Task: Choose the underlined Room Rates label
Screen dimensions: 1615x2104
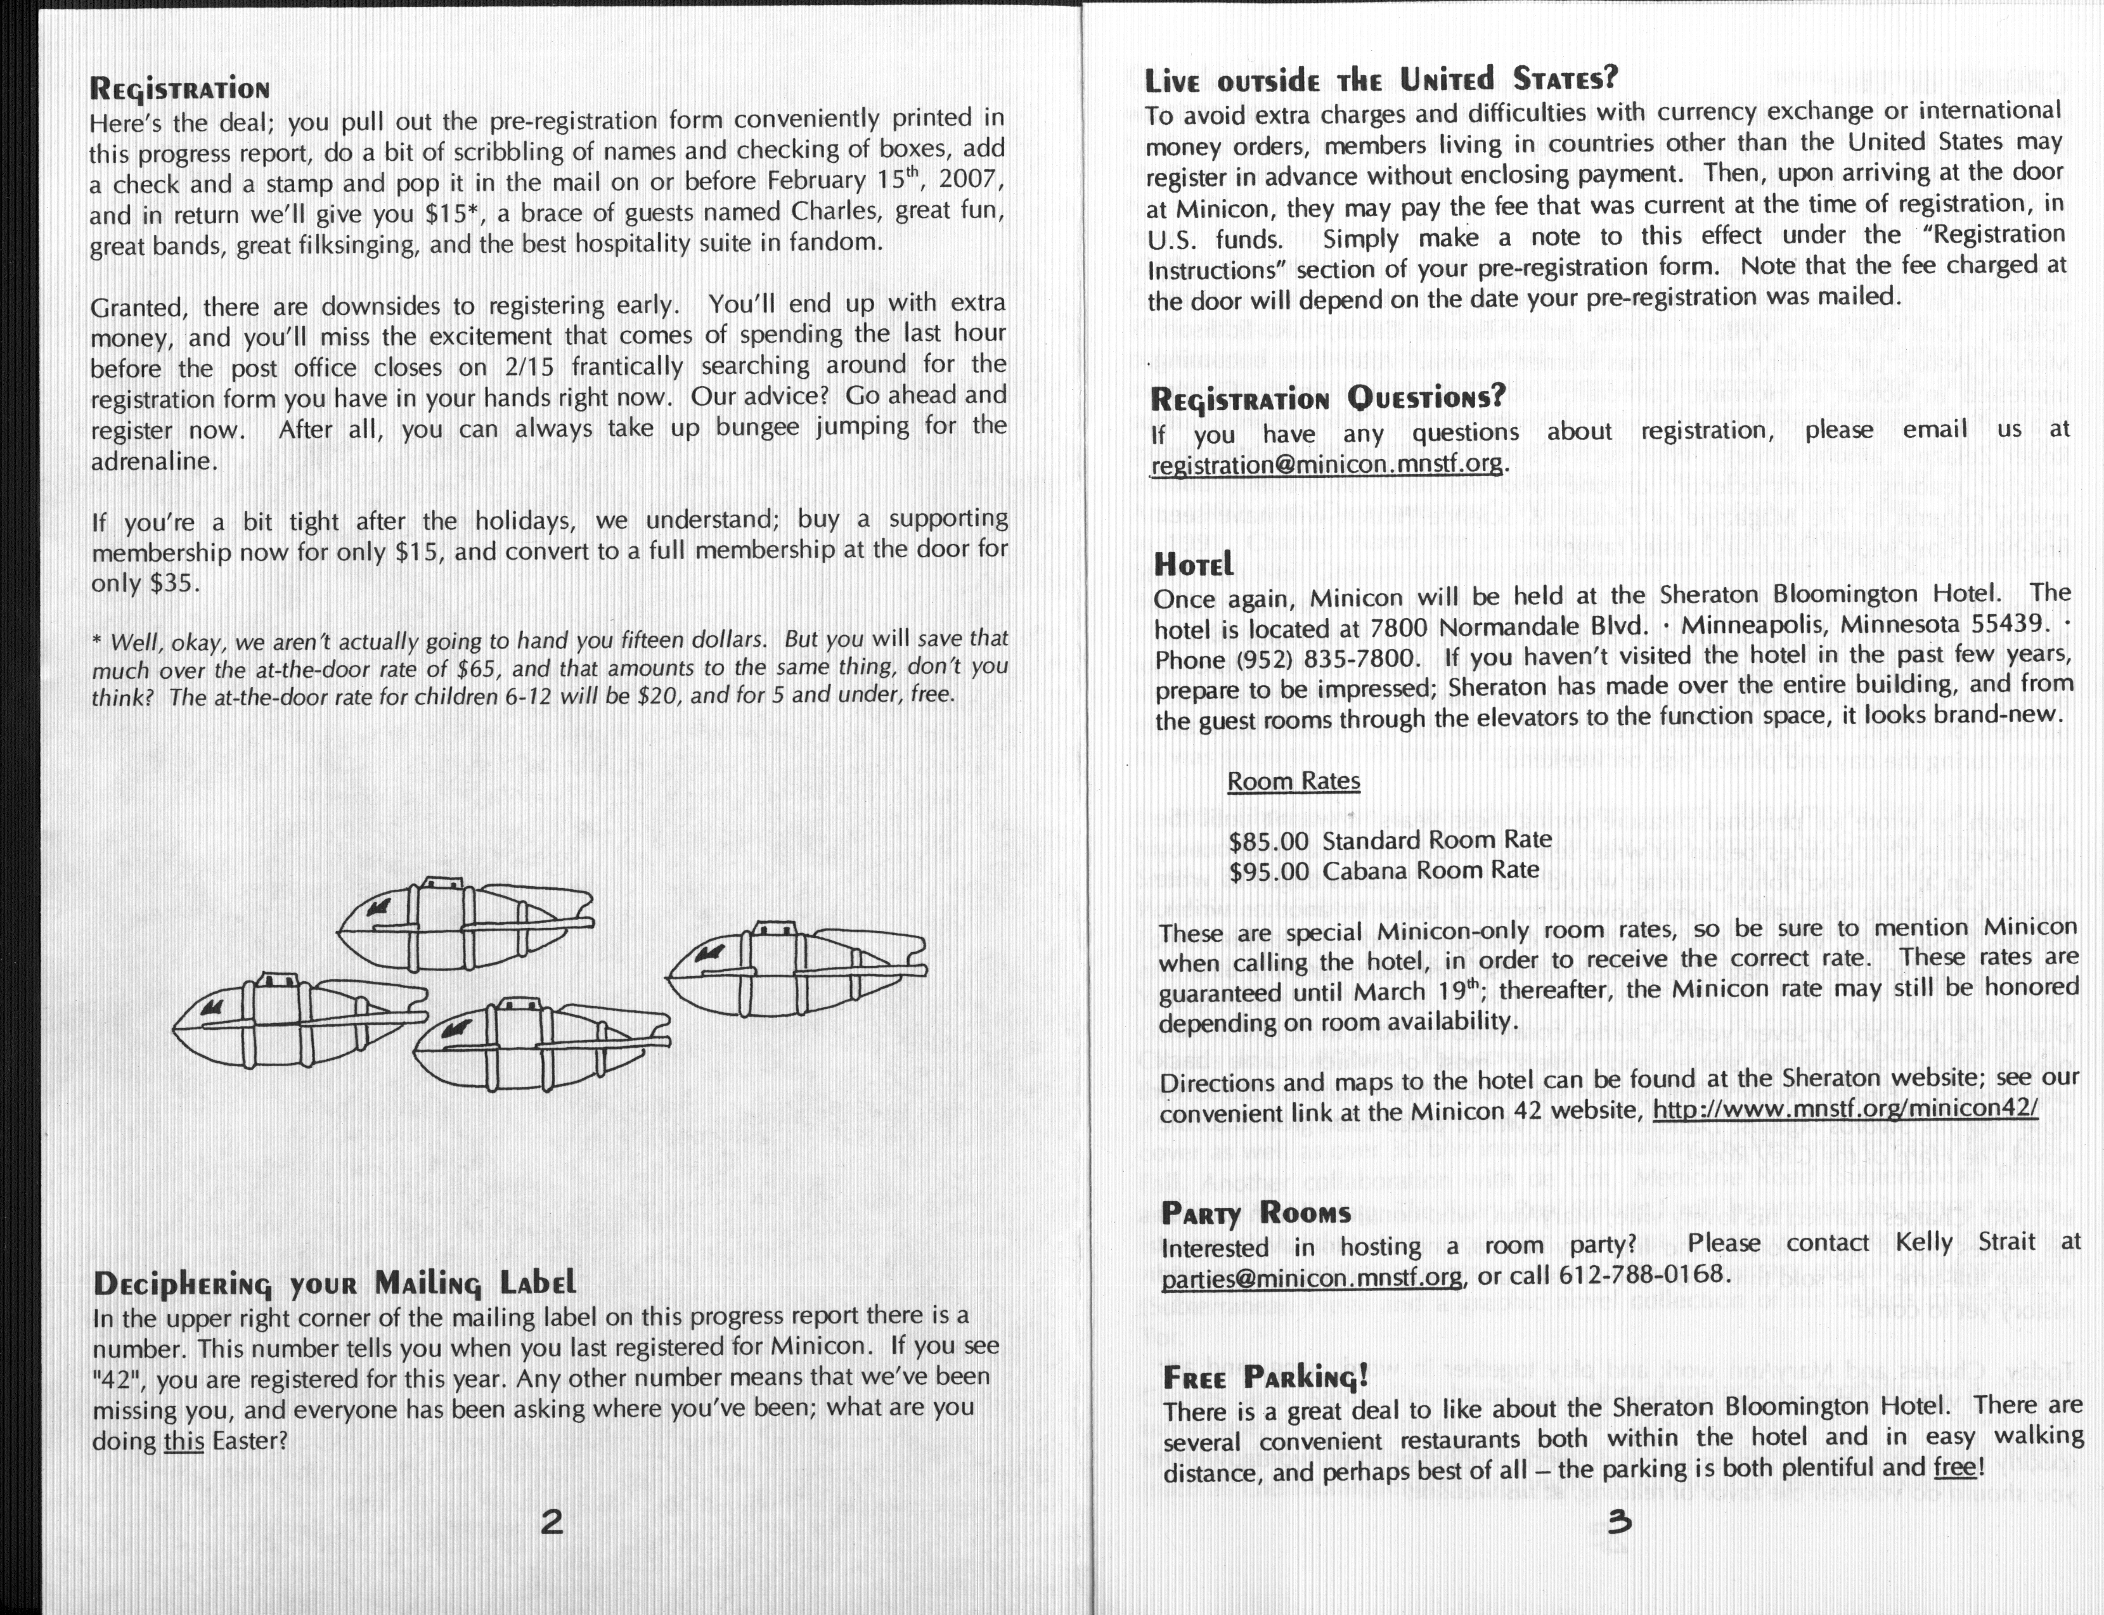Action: click(x=1294, y=781)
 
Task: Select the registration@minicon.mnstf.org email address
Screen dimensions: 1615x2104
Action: click(x=1326, y=463)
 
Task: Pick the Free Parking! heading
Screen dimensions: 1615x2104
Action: click(x=1265, y=1377)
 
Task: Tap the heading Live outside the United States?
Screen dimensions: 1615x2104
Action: click(x=1381, y=78)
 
